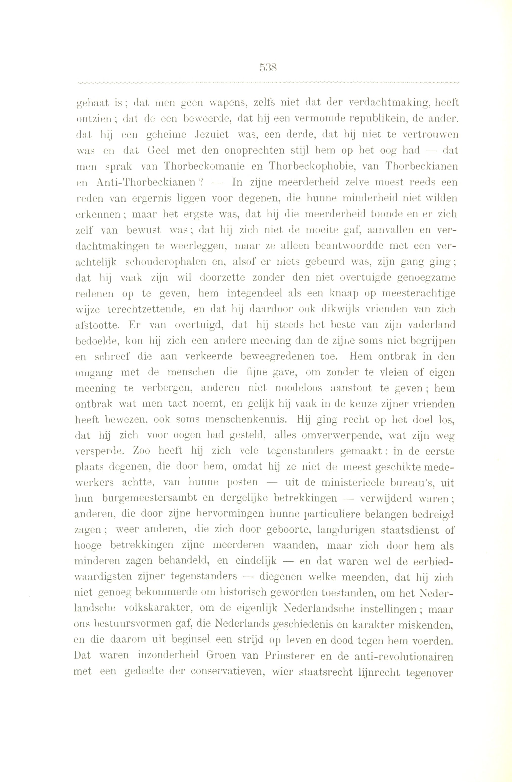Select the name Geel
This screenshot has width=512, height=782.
click(158, 151)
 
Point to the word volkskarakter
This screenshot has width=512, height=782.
click(159, 609)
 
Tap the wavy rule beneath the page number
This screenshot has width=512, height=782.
click(267, 83)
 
